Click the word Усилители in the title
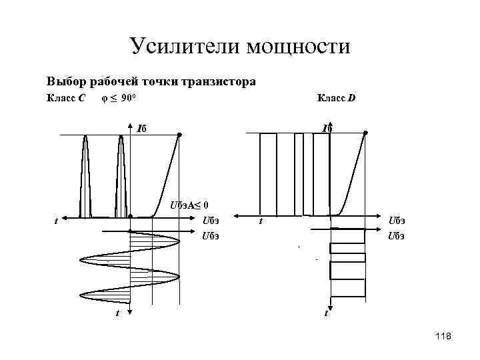click(x=185, y=46)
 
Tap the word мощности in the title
click(x=297, y=46)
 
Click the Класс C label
click(x=65, y=99)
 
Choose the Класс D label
click(x=336, y=99)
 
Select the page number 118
click(x=442, y=337)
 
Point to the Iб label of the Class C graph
click(x=142, y=128)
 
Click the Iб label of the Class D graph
click(x=327, y=128)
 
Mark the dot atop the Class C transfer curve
click(x=179, y=135)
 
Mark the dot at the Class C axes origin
click(x=131, y=216)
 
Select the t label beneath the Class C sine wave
click(x=117, y=312)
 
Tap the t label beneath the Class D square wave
click(x=325, y=312)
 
